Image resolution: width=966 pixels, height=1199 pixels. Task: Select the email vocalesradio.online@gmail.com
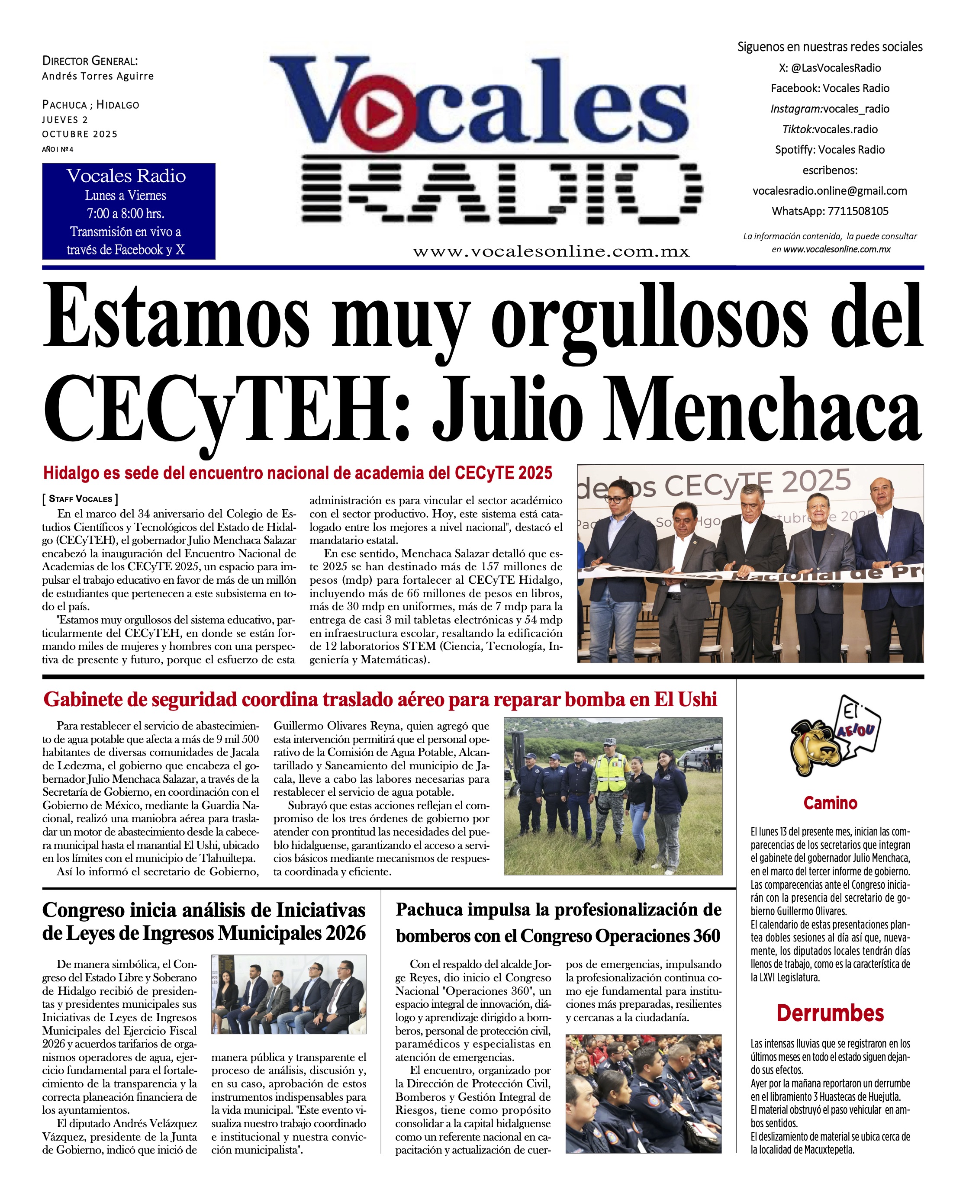[x=829, y=191]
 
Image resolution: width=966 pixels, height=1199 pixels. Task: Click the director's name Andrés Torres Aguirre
[x=98, y=76]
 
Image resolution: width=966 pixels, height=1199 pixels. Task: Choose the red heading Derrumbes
[x=830, y=1013]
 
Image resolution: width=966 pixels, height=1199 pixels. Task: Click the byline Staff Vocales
[x=80, y=498]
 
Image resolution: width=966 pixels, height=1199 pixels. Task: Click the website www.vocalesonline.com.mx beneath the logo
[x=551, y=251]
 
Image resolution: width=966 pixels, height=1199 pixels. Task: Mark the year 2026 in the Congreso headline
[x=345, y=933]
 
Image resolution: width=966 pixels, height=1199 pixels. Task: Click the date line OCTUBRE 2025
[x=80, y=134]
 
